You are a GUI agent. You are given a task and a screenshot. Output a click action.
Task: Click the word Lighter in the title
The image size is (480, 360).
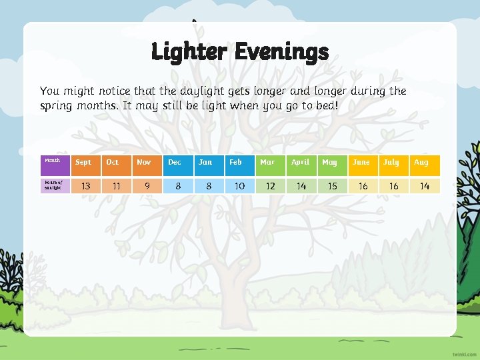pyautogui.click(x=189, y=51)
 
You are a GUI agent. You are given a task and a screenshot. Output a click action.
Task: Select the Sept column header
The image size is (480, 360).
pyautogui.click(x=83, y=162)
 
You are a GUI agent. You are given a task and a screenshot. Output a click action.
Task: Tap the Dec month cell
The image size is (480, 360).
pyautogui.click(x=175, y=162)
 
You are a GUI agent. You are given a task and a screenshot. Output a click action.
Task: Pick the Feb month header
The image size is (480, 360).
pyautogui.click(x=236, y=162)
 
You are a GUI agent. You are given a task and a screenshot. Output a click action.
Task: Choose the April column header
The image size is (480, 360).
pyautogui.click(x=301, y=162)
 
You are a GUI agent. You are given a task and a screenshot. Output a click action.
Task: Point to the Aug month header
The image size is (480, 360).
pyautogui.click(x=421, y=162)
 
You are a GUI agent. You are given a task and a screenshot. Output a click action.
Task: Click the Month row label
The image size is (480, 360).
pyautogui.click(x=52, y=160)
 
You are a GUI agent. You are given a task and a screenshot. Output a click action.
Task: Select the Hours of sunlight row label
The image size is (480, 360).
pyautogui.click(x=52, y=186)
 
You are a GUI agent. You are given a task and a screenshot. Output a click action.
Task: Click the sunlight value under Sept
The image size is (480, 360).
pyautogui.click(x=85, y=187)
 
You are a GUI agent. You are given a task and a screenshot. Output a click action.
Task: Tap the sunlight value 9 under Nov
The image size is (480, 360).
pyautogui.click(x=147, y=187)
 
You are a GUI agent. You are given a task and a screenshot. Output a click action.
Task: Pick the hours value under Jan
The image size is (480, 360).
pyautogui.click(x=209, y=187)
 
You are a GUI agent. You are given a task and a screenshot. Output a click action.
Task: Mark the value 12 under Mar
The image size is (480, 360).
pyautogui.click(x=270, y=187)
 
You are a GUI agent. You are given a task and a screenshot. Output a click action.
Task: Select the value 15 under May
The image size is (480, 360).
pyautogui.click(x=332, y=187)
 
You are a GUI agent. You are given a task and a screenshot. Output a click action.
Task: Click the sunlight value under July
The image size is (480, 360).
pyautogui.click(x=393, y=187)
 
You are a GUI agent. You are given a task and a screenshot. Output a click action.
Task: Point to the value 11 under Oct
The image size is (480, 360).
pyautogui.click(x=116, y=187)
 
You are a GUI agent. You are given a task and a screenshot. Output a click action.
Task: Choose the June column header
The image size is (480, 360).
pyautogui.click(x=361, y=162)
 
